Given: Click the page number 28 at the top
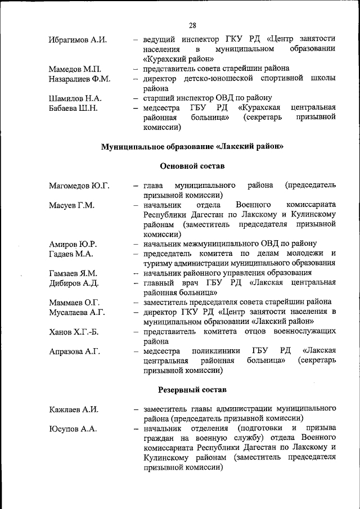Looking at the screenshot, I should tap(192, 25).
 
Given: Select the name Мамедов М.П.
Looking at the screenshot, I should tap(74, 69).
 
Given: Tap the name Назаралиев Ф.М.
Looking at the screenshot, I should tap(79, 79).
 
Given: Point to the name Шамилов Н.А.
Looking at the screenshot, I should tap(75, 98).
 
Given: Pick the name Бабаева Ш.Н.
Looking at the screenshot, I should tap(73, 108).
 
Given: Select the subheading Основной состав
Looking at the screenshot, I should tap(192, 166).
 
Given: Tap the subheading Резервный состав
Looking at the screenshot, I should tap(192, 389).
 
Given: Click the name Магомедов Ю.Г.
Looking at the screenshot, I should tap(79, 186).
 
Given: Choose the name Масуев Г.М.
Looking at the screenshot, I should tap(71, 205).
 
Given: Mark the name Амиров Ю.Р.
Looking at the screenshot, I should tap(73, 244).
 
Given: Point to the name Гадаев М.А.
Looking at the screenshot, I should tap(71, 254).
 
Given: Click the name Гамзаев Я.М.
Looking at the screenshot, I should tap(73, 273).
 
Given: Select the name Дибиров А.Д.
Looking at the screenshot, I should tap(74, 283).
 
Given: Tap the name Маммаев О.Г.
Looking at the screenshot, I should tap(74, 303).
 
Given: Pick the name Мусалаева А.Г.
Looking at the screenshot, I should tap(77, 312).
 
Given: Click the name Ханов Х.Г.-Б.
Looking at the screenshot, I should tap(74, 332).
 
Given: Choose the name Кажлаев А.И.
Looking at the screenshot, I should tap(74, 409).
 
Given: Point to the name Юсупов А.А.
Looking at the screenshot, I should tap(73, 429).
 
